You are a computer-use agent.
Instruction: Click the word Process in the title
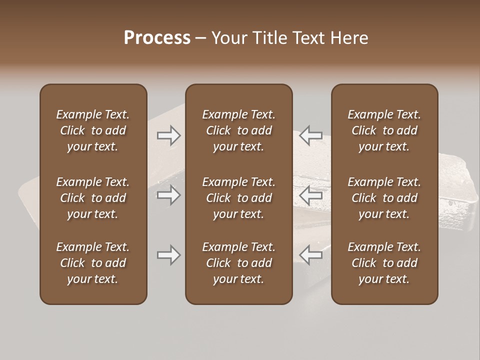(x=157, y=38)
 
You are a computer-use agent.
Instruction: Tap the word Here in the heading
(x=349, y=38)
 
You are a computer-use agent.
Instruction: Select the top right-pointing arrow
(x=169, y=135)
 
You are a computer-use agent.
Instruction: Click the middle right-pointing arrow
(x=169, y=194)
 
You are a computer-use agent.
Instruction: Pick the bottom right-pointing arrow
(x=169, y=255)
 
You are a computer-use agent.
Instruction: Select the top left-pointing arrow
(x=311, y=135)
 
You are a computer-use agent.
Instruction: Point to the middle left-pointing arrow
(x=311, y=194)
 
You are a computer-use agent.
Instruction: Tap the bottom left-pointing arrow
(x=311, y=255)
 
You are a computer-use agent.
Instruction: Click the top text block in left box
(x=93, y=130)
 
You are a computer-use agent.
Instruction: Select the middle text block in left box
(x=93, y=198)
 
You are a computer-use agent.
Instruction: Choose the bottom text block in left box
(x=93, y=263)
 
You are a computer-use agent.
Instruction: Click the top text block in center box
(x=238, y=130)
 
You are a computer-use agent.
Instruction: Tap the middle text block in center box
(x=238, y=198)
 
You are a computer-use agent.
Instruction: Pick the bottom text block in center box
(x=238, y=263)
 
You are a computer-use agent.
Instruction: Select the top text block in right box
(x=384, y=130)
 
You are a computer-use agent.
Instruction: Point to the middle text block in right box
(x=384, y=198)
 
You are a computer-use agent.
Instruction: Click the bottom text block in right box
(x=384, y=263)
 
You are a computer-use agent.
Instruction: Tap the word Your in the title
(x=229, y=38)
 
